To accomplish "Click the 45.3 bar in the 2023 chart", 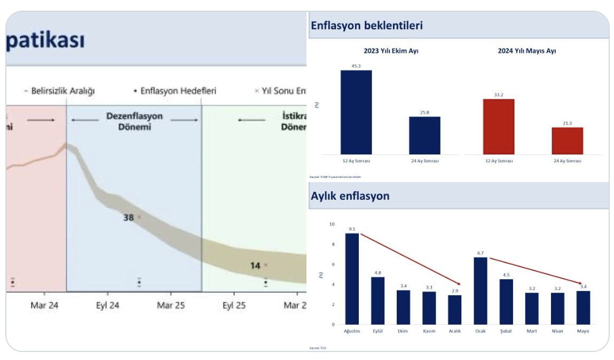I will (356, 112).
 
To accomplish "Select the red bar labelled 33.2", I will (498, 127).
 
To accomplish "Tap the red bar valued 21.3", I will (567, 141).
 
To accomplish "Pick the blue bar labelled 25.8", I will (424, 136).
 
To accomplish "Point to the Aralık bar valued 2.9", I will (454, 310).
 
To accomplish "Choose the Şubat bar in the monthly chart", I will (506, 302).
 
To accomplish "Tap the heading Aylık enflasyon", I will (350, 195).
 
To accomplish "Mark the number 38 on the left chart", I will (129, 217).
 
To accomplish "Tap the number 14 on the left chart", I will (255, 265).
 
